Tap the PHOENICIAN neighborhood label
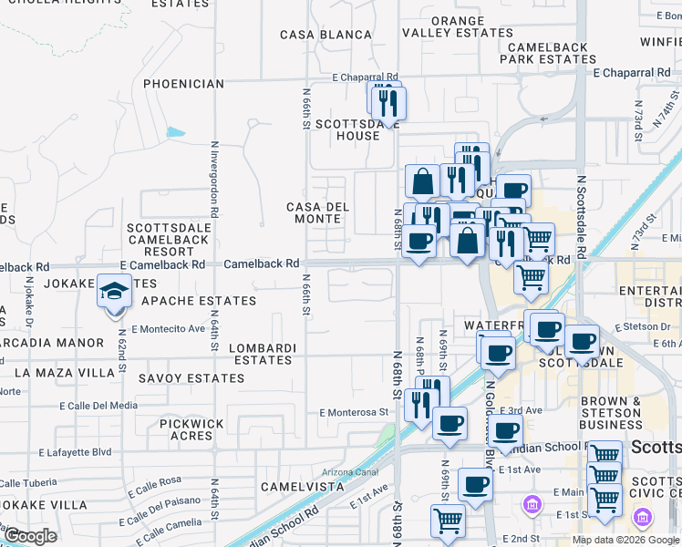click(x=183, y=84)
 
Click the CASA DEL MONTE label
click(x=318, y=212)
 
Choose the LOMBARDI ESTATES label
click(x=263, y=354)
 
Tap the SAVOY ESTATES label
click(x=191, y=377)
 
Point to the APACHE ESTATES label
click(x=199, y=301)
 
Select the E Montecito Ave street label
click(x=169, y=328)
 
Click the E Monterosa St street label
click(x=354, y=412)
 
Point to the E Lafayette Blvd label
click(x=88, y=451)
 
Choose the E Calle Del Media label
click(x=98, y=406)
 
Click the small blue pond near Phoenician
click(x=176, y=131)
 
